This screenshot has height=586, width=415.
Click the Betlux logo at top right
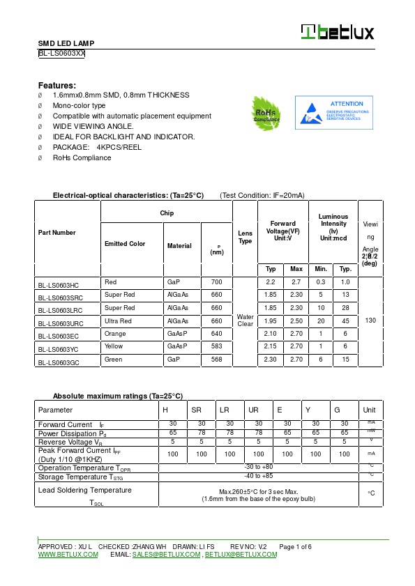pyautogui.click(x=338, y=32)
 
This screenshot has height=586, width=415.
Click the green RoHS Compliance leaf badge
pyautogui.click(x=266, y=112)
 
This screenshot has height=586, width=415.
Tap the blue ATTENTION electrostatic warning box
pyautogui.click(x=333, y=113)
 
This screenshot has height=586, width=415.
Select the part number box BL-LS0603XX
pyautogui.click(x=61, y=53)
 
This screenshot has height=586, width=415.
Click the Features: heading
pyautogui.click(x=57, y=84)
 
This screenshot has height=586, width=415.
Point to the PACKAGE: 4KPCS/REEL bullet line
pyautogui.click(x=97, y=147)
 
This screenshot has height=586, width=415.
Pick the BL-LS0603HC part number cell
pyautogui.click(x=59, y=285)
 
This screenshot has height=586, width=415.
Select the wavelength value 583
pyautogui.click(x=216, y=346)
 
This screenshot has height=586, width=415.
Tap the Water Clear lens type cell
pyautogui.click(x=245, y=321)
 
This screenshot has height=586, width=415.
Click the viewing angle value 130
pyautogui.click(x=370, y=321)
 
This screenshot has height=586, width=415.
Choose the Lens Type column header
pyautogui.click(x=245, y=237)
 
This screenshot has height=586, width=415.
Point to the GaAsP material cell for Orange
pyautogui.click(x=176, y=334)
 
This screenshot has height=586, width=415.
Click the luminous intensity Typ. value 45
pyautogui.click(x=345, y=321)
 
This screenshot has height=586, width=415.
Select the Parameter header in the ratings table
pyautogui.click(x=55, y=410)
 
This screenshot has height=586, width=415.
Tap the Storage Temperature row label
pyautogui.click(x=81, y=477)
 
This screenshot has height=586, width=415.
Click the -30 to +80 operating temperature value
pyautogui.click(x=259, y=467)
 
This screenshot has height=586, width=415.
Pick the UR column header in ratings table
pyautogui.click(x=253, y=410)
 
